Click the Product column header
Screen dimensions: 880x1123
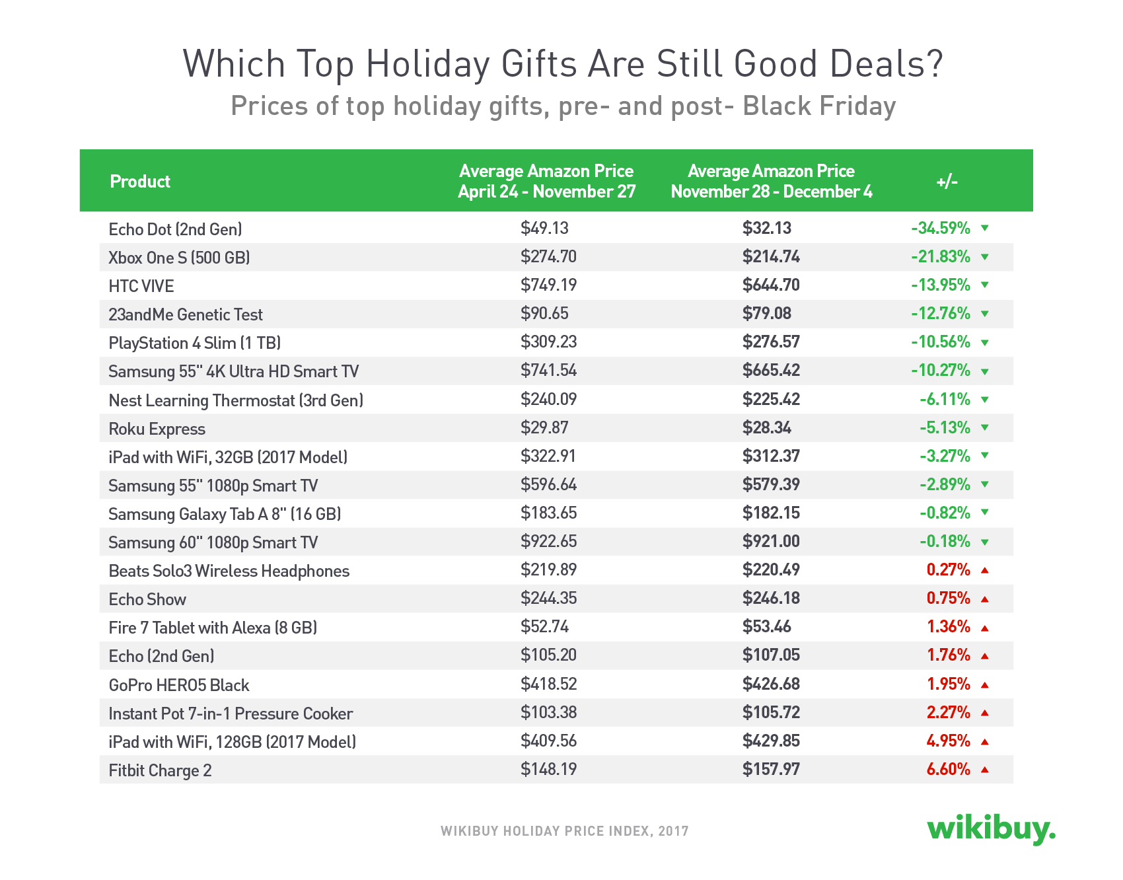coord(140,182)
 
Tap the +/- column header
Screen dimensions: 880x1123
coord(947,182)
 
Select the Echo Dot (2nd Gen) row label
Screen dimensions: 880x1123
coord(175,229)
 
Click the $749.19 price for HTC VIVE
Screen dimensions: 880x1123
coord(548,285)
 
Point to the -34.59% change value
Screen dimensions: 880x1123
coord(941,229)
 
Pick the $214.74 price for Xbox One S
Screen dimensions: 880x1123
coord(771,257)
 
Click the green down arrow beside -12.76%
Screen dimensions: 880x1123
coord(985,314)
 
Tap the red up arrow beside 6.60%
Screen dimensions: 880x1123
coord(985,770)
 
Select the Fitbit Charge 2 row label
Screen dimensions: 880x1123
coord(160,771)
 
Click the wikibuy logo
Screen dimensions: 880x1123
coord(991,828)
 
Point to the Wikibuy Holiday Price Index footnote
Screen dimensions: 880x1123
coord(564,831)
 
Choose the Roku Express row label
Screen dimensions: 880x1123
coord(157,429)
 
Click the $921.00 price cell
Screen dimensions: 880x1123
coord(771,542)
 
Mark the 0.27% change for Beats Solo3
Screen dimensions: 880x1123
coord(948,570)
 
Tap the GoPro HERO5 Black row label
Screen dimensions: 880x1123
coord(178,686)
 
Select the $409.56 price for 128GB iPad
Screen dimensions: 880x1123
coord(548,741)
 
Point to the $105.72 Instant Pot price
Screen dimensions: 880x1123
coord(771,713)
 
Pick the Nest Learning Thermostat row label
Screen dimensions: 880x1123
coord(236,401)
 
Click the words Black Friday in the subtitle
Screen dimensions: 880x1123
coord(819,106)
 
